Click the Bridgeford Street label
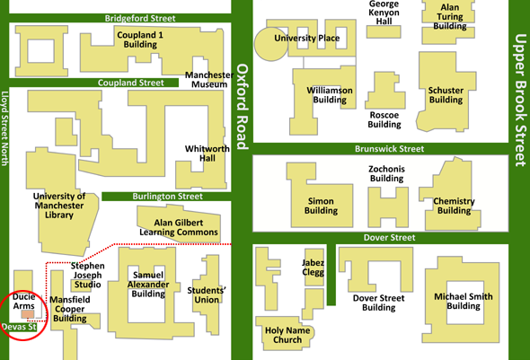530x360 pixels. click(x=140, y=18)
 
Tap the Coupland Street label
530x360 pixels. click(x=131, y=83)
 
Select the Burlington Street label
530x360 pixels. click(x=167, y=197)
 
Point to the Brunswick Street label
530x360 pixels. click(x=389, y=149)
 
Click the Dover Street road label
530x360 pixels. click(x=389, y=237)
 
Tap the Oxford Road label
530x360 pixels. click(x=242, y=107)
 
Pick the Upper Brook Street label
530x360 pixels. click(x=520, y=101)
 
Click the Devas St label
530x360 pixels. click(x=19, y=327)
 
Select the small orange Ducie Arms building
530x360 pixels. click(x=28, y=314)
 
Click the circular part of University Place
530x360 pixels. click(x=270, y=45)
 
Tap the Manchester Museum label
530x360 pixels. click(x=209, y=80)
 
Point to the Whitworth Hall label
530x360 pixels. click(x=208, y=154)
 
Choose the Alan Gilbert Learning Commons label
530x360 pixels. click(x=179, y=227)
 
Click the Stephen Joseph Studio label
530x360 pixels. click(x=87, y=276)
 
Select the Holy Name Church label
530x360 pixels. click(x=287, y=335)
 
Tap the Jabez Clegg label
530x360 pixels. click(x=313, y=268)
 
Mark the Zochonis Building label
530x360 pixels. click(x=386, y=173)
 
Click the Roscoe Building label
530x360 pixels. click(x=384, y=119)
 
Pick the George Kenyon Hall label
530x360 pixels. click(x=384, y=13)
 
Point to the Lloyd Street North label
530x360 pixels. click(x=4, y=128)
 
